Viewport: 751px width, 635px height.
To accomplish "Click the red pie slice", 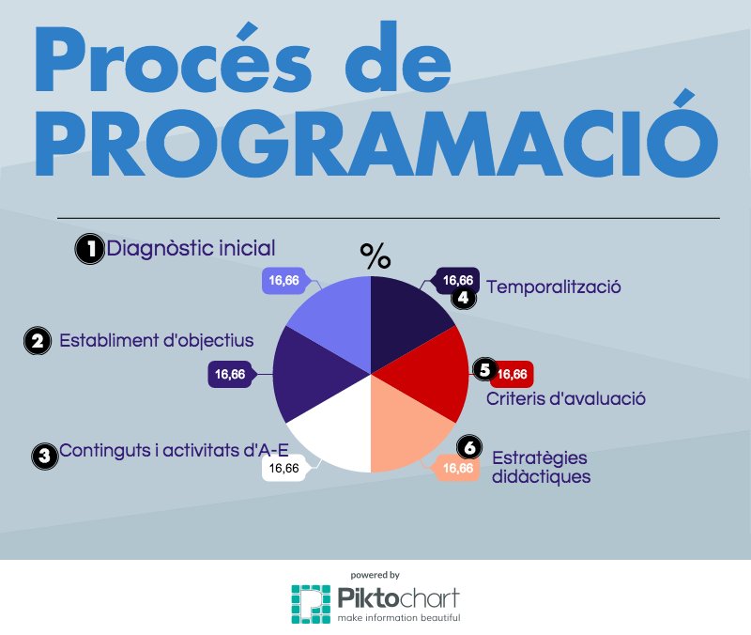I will tap(427, 376).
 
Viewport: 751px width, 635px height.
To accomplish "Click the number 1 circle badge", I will tap(89, 249).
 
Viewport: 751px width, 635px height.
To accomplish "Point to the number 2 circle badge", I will tap(38, 341).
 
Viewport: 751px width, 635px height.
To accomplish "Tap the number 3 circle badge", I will tap(43, 456).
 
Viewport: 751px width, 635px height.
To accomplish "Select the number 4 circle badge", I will tap(464, 298).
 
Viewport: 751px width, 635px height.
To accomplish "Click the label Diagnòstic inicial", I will tap(191, 249).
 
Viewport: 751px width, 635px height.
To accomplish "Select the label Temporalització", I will tap(555, 287).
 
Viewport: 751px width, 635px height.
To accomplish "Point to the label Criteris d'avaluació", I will tap(566, 398).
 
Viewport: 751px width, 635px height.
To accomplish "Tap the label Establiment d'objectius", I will tap(156, 340).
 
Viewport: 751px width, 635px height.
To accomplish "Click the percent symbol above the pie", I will tap(375, 256).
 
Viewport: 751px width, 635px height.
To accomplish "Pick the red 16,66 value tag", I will tap(513, 374).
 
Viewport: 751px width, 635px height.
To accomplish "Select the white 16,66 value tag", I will tap(284, 467).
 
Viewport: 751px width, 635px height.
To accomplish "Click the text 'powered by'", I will tap(375, 574).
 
